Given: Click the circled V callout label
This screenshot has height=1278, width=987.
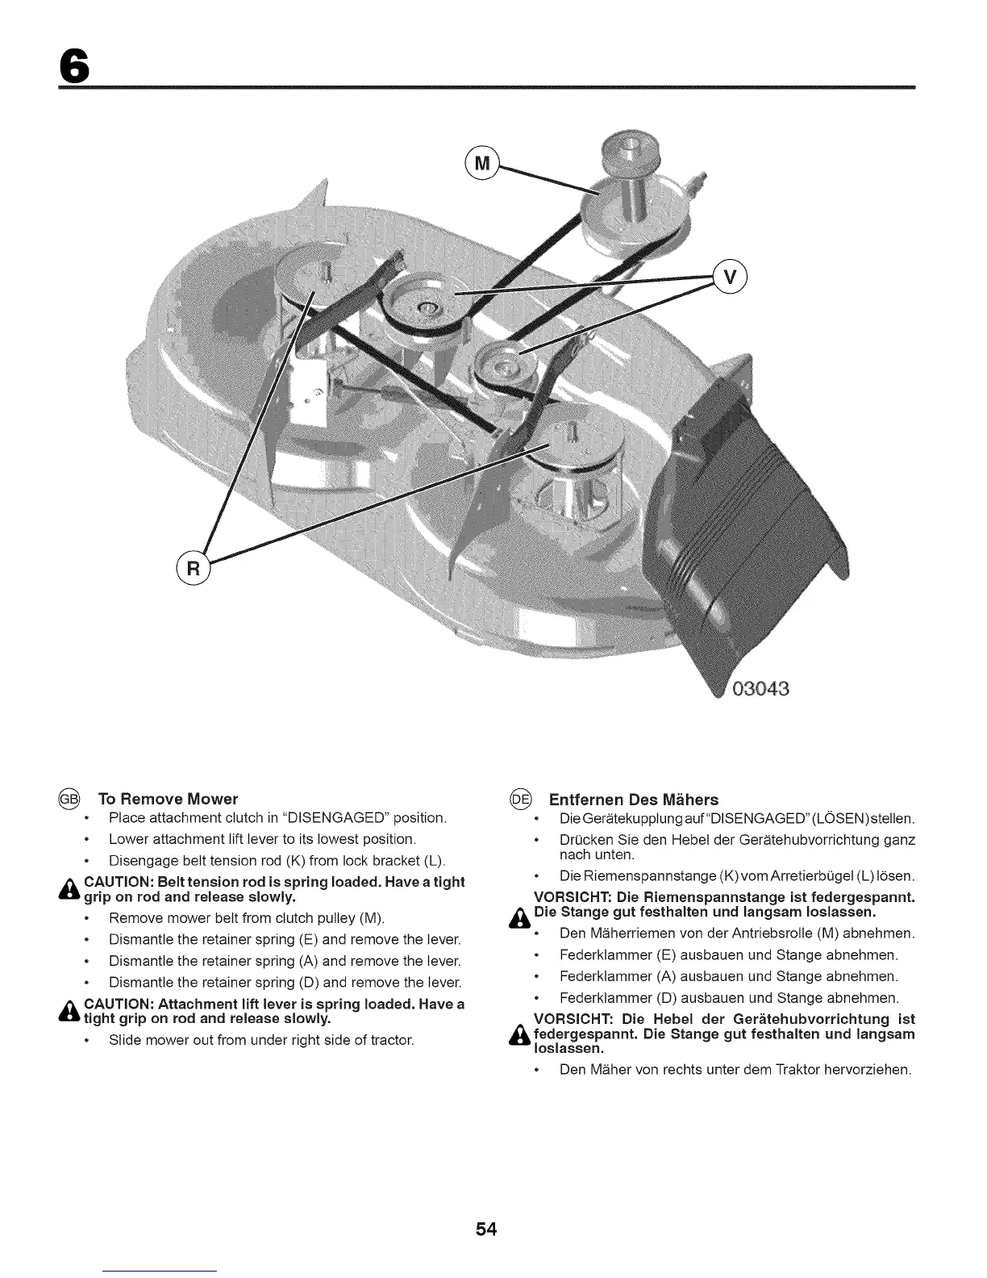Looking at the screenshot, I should coord(731,278).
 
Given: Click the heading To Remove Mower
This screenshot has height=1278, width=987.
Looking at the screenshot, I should coord(168,800).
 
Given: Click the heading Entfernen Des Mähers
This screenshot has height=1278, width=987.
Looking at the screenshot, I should coord(633,800).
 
